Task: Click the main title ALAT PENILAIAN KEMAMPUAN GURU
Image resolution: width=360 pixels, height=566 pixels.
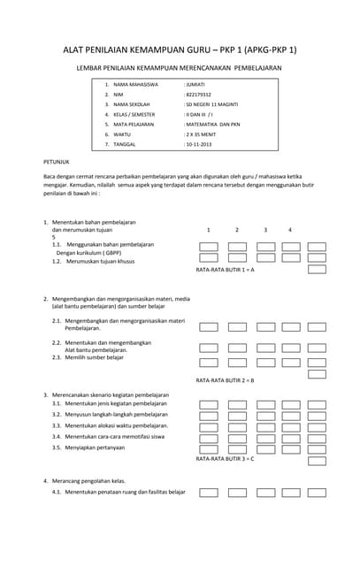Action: (180, 50)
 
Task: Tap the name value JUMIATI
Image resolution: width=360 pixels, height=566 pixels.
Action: (195, 84)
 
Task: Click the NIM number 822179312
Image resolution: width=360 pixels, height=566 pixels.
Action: (197, 94)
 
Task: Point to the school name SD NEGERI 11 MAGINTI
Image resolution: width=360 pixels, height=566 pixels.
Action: (211, 104)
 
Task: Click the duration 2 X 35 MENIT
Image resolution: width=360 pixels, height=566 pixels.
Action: (201, 134)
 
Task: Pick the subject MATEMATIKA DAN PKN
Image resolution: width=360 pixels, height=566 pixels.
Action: (212, 125)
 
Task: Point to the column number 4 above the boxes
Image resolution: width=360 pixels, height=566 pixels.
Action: (289, 230)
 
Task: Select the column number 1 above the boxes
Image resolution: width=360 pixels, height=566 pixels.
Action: (209, 230)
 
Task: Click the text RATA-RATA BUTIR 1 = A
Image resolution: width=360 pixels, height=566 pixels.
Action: (225, 269)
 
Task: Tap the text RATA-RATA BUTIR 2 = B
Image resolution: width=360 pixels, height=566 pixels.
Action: (225, 379)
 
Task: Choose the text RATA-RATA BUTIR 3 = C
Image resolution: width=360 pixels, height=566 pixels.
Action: (225, 459)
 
